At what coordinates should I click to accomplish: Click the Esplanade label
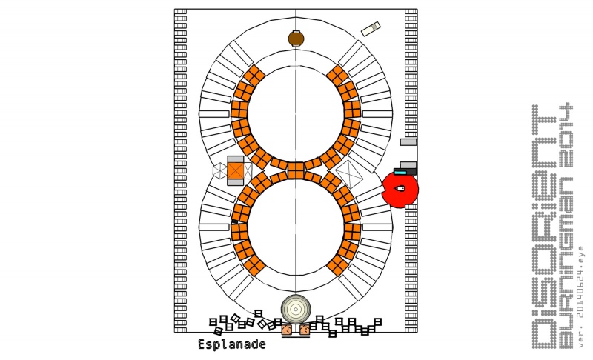[x=231, y=344]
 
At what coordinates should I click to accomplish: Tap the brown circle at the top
[x=296, y=39]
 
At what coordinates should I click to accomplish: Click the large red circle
[x=400, y=190]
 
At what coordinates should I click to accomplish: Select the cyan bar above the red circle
[x=400, y=173]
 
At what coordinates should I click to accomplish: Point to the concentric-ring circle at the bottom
[x=296, y=309]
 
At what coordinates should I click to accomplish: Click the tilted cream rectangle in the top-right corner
[x=371, y=29]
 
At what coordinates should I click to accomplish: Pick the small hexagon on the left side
[x=219, y=170]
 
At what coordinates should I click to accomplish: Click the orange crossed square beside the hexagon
[x=236, y=170]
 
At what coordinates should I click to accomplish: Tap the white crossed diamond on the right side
[x=349, y=173]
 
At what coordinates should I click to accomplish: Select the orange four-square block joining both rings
[x=296, y=170]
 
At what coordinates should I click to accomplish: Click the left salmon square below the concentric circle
[x=287, y=330]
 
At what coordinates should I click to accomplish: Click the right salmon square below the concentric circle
[x=305, y=330]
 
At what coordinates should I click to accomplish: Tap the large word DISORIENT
[x=544, y=226]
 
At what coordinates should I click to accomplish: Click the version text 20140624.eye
[x=581, y=296]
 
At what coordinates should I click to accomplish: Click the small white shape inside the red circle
[x=401, y=189]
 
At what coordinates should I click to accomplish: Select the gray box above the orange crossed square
[x=235, y=159]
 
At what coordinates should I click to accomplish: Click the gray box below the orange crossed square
[x=235, y=182]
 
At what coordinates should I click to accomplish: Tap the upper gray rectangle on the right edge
[x=408, y=141]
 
